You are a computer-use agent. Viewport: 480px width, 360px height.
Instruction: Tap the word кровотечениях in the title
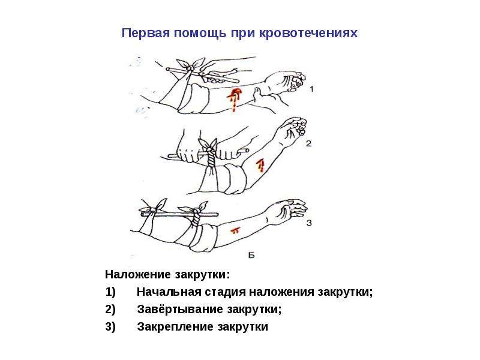308,34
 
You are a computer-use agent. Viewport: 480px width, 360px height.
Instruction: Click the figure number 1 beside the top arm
311,89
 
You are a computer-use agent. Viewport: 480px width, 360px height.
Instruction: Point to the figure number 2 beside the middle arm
308,143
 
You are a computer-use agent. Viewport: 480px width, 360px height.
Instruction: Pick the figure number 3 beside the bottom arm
309,223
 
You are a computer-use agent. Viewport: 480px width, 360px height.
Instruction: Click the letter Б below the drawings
251,255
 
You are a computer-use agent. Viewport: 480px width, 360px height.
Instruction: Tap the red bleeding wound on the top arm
234,98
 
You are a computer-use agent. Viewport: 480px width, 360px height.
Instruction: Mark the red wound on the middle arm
260,166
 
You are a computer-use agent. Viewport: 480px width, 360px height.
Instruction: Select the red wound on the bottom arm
236,230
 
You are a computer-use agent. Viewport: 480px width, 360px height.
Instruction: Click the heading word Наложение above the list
139,274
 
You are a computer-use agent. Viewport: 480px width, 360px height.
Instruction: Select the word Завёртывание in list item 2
179,309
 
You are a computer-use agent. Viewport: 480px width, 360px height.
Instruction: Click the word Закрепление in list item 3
175,326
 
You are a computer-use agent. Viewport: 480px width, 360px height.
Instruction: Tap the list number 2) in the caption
110,310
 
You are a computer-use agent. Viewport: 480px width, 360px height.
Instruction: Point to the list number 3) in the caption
110,327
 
